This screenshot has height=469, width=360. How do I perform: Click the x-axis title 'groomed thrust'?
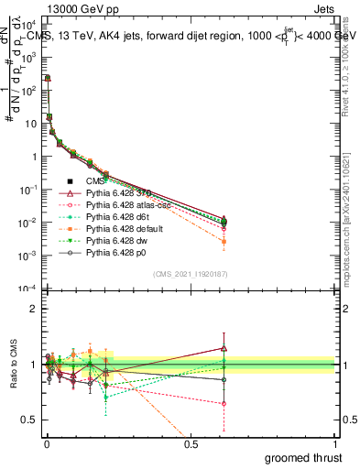(305, 457)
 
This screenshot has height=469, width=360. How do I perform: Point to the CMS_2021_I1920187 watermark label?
(189, 275)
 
